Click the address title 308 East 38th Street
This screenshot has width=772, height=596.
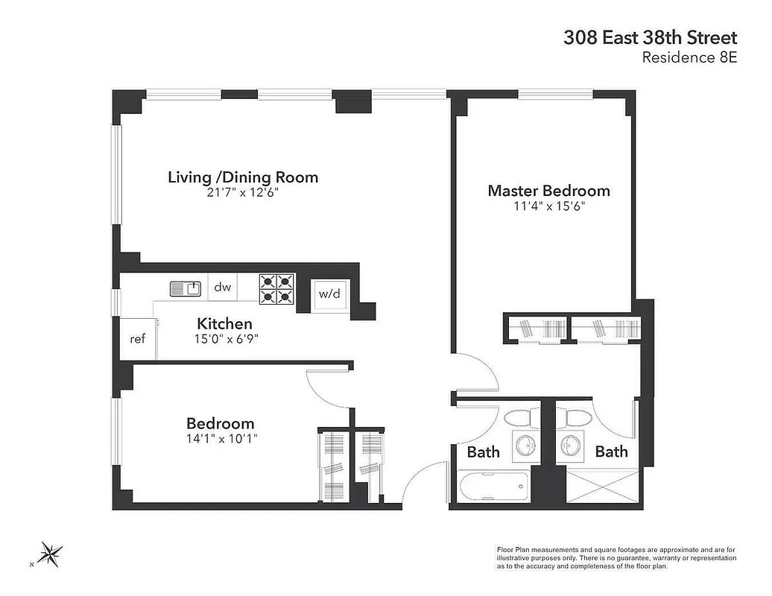click(651, 38)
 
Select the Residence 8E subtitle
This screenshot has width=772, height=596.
click(689, 58)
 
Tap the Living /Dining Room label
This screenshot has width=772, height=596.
click(243, 177)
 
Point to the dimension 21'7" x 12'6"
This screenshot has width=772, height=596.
click(243, 192)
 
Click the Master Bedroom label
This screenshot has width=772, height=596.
click(548, 191)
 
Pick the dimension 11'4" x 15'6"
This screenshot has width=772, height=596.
click(548, 206)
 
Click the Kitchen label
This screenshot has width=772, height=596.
click(224, 324)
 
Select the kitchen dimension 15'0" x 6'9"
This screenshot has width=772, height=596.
click(224, 338)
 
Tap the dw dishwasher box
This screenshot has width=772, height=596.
click(223, 288)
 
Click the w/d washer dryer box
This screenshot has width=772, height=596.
click(329, 294)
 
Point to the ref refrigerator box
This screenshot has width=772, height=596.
click(137, 339)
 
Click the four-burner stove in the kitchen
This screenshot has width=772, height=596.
click(276, 289)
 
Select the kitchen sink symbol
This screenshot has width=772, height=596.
click(186, 288)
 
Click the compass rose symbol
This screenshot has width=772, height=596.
click(51, 554)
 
